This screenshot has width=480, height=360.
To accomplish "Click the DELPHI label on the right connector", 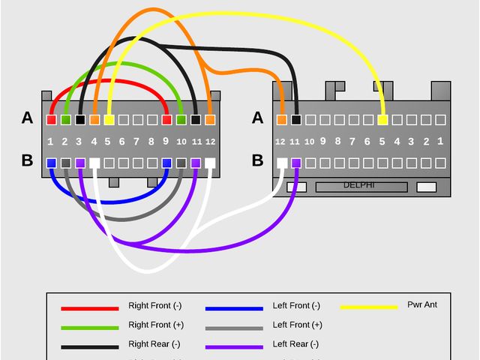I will (358, 185).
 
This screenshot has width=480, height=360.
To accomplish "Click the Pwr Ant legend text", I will (421, 304).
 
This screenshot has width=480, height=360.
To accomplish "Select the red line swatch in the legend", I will (90, 307).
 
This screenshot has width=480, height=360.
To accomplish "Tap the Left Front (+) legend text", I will (297, 325).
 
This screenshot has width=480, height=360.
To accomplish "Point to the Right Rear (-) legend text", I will (155, 344).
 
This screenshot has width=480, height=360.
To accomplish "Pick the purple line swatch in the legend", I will (234, 347).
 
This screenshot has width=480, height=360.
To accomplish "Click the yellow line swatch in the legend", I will (369, 307).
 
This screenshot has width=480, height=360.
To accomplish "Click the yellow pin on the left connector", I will (109, 119).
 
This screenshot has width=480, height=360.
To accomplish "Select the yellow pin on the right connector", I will (382, 119).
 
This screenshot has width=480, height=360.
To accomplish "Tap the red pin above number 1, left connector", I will (51, 119).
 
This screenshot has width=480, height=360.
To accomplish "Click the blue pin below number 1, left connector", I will (51, 162).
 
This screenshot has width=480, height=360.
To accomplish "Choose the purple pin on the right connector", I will (295, 162).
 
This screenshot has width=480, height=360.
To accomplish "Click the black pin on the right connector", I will (295, 119).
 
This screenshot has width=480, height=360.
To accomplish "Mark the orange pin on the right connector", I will (281, 119).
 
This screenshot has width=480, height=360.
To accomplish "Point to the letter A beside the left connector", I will (28, 118).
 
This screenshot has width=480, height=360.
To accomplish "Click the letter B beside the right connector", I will (257, 160).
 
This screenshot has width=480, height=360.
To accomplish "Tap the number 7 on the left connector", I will (136, 141).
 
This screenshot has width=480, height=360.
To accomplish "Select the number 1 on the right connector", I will (440, 140).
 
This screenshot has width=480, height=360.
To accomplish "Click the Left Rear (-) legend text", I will (296, 344).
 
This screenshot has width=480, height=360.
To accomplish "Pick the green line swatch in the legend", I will (90, 327).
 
